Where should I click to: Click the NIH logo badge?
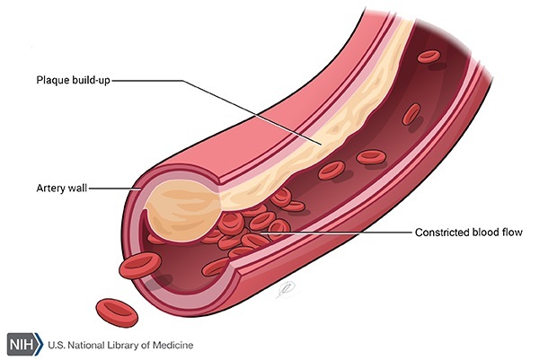coord(22,345)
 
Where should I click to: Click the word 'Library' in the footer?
coord(121,345)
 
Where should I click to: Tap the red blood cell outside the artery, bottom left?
coord(115,311)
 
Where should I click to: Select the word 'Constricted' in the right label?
coord(440,233)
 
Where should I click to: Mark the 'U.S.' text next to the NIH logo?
coord(56,345)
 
